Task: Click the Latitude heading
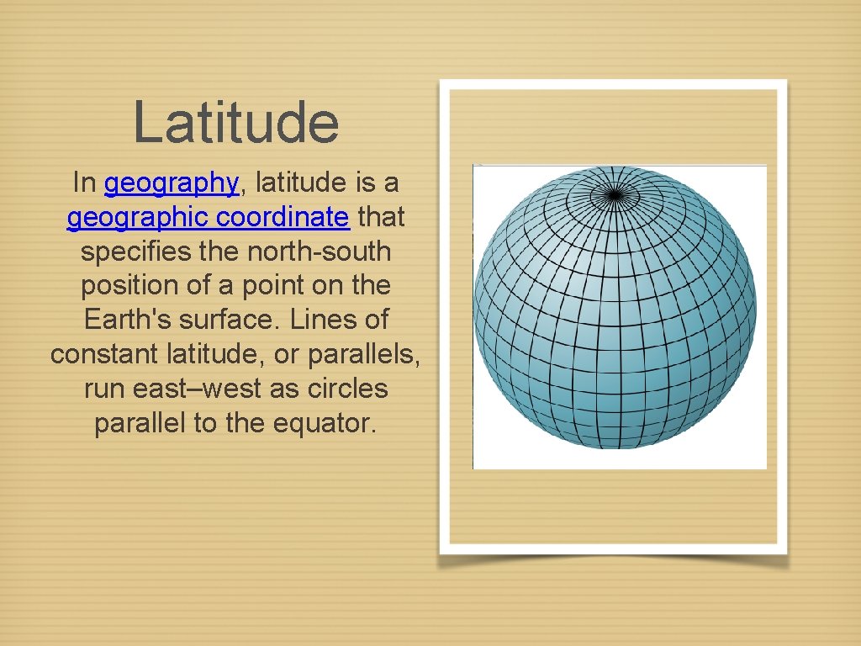click(235, 122)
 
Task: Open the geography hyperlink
click(172, 183)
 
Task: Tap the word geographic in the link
click(139, 217)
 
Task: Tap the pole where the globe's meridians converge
click(615, 194)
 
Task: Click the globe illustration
click(615, 307)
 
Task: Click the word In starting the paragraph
click(84, 183)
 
